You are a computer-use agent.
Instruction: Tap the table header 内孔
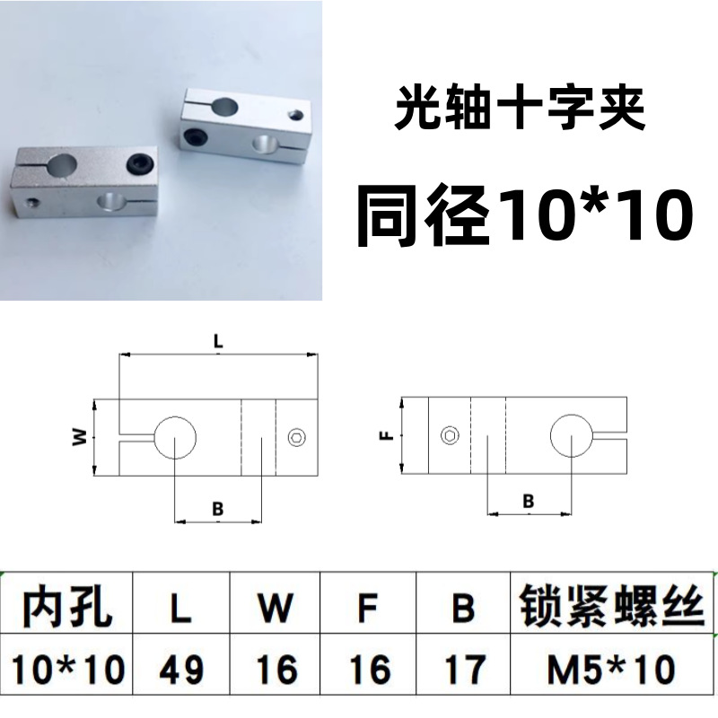[67, 609]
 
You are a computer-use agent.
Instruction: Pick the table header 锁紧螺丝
[612, 609]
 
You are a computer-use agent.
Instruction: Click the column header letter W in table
[276, 609]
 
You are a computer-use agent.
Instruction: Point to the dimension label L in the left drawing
[218, 340]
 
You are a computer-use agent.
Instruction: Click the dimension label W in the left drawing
[80, 437]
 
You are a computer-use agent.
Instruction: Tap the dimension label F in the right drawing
[385, 437]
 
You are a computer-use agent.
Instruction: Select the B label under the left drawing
[217, 508]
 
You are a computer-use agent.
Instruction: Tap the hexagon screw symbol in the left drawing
[298, 437]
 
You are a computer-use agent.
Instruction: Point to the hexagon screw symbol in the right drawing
[450, 436]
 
